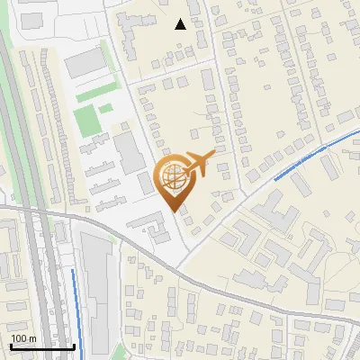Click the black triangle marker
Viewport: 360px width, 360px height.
coord(181,24)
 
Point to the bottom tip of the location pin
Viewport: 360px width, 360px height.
coord(175,211)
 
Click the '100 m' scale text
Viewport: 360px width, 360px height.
coord(23,337)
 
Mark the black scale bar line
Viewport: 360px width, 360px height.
coord(41,346)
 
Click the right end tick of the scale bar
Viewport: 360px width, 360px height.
coord(74,345)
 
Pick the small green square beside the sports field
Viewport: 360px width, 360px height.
coord(105,109)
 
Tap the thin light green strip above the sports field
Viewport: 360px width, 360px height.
coord(94,94)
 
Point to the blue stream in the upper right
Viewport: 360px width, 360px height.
coord(315,153)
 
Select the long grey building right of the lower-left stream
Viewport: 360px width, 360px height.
coord(99,288)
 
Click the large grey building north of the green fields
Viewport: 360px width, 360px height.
coord(85,62)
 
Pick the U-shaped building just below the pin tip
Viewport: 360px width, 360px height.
coord(159,232)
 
